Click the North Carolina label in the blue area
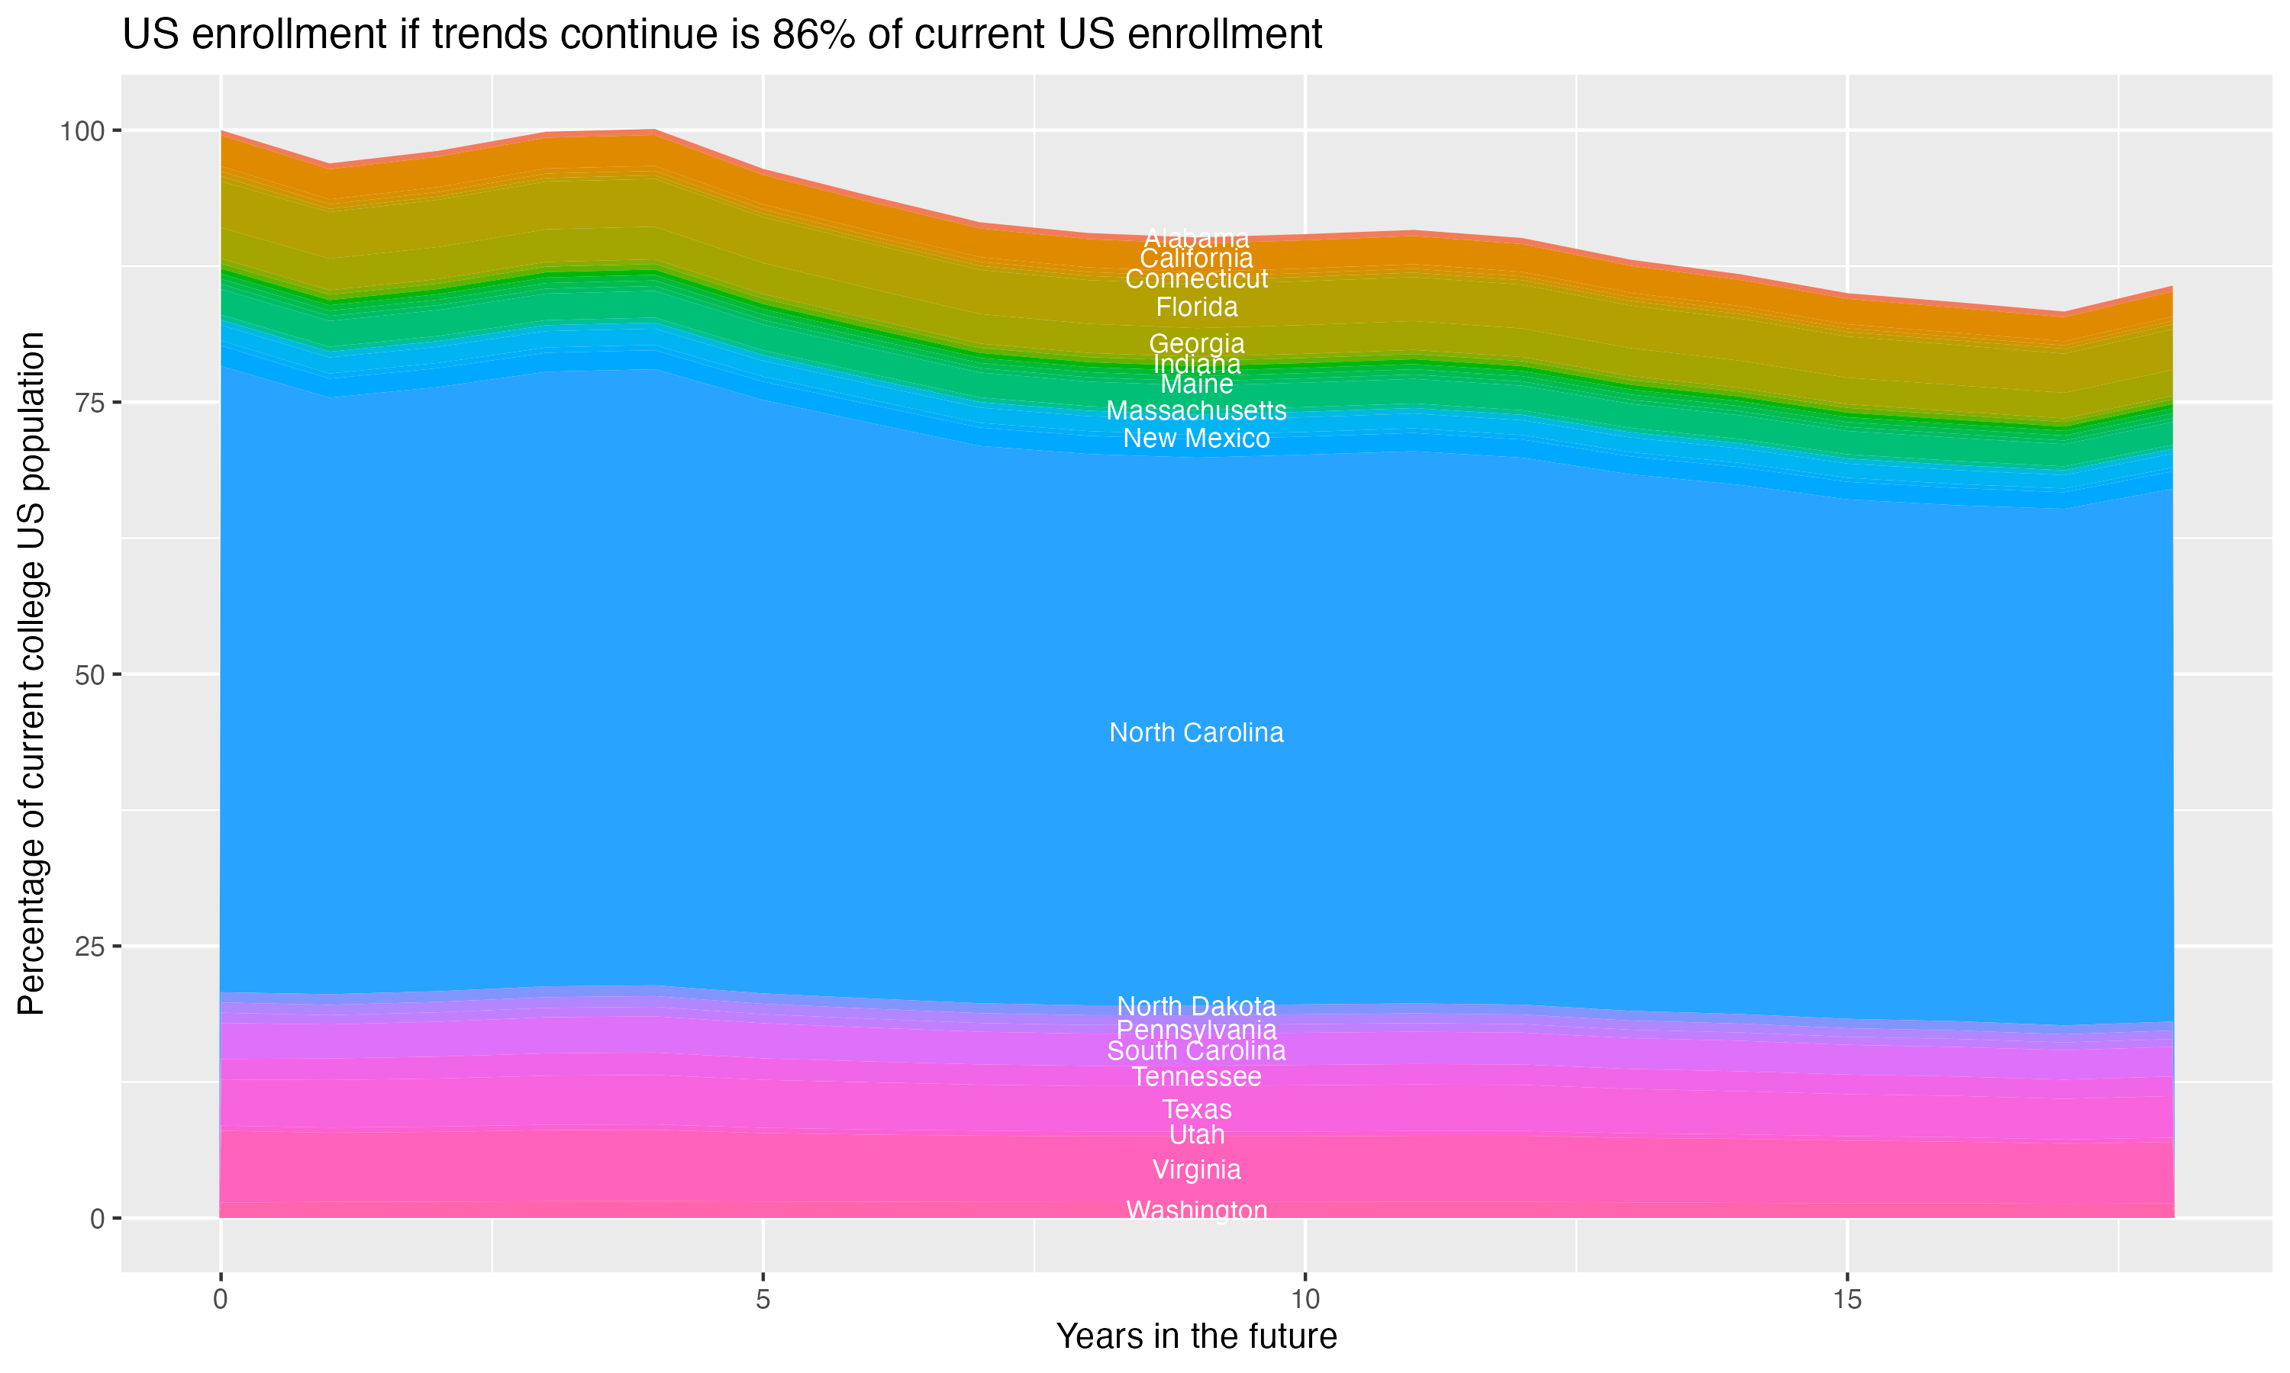pyautogui.click(x=1196, y=733)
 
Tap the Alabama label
pyautogui.click(x=1196, y=238)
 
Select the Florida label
pyautogui.click(x=1196, y=307)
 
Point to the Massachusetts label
pyautogui.click(x=1196, y=411)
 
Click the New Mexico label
pyautogui.click(x=1196, y=439)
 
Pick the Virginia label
pyautogui.click(x=1196, y=1169)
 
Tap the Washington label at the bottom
pyautogui.click(x=1196, y=1211)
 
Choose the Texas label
pyautogui.click(x=1196, y=1108)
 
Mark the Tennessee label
pyautogui.click(x=1196, y=1077)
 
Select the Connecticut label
pyautogui.click(x=1196, y=279)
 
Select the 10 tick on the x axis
pyautogui.click(x=1305, y=1300)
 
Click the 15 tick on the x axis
pyautogui.click(x=1847, y=1300)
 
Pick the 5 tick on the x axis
pyautogui.click(x=763, y=1300)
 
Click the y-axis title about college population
pyautogui.click(x=31, y=673)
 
